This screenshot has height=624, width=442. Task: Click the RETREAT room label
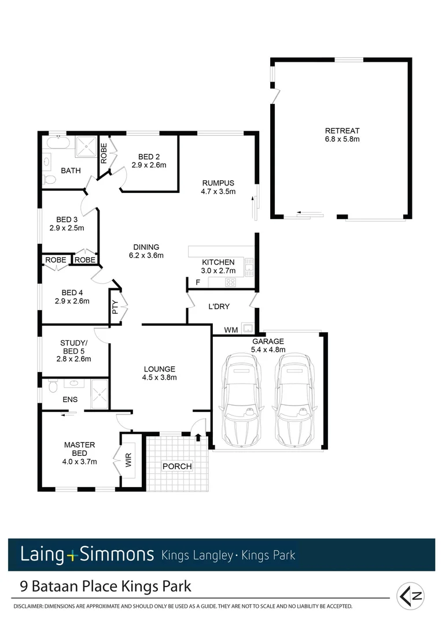click(x=342, y=130)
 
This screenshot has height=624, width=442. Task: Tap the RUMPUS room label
click(x=218, y=183)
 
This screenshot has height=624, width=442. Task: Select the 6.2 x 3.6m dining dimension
click(x=146, y=255)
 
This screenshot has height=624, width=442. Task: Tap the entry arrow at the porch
click(x=198, y=437)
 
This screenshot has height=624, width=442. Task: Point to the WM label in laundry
click(x=231, y=330)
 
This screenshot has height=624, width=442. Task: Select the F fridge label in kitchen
click(x=198, y=283)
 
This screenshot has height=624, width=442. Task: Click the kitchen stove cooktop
click(x=230, y=283)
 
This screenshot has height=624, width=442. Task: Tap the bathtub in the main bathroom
click(x=57, y=143)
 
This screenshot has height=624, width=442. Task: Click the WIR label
click(x=128, y=460)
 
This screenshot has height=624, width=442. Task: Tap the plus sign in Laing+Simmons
click(x=72, y=555)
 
